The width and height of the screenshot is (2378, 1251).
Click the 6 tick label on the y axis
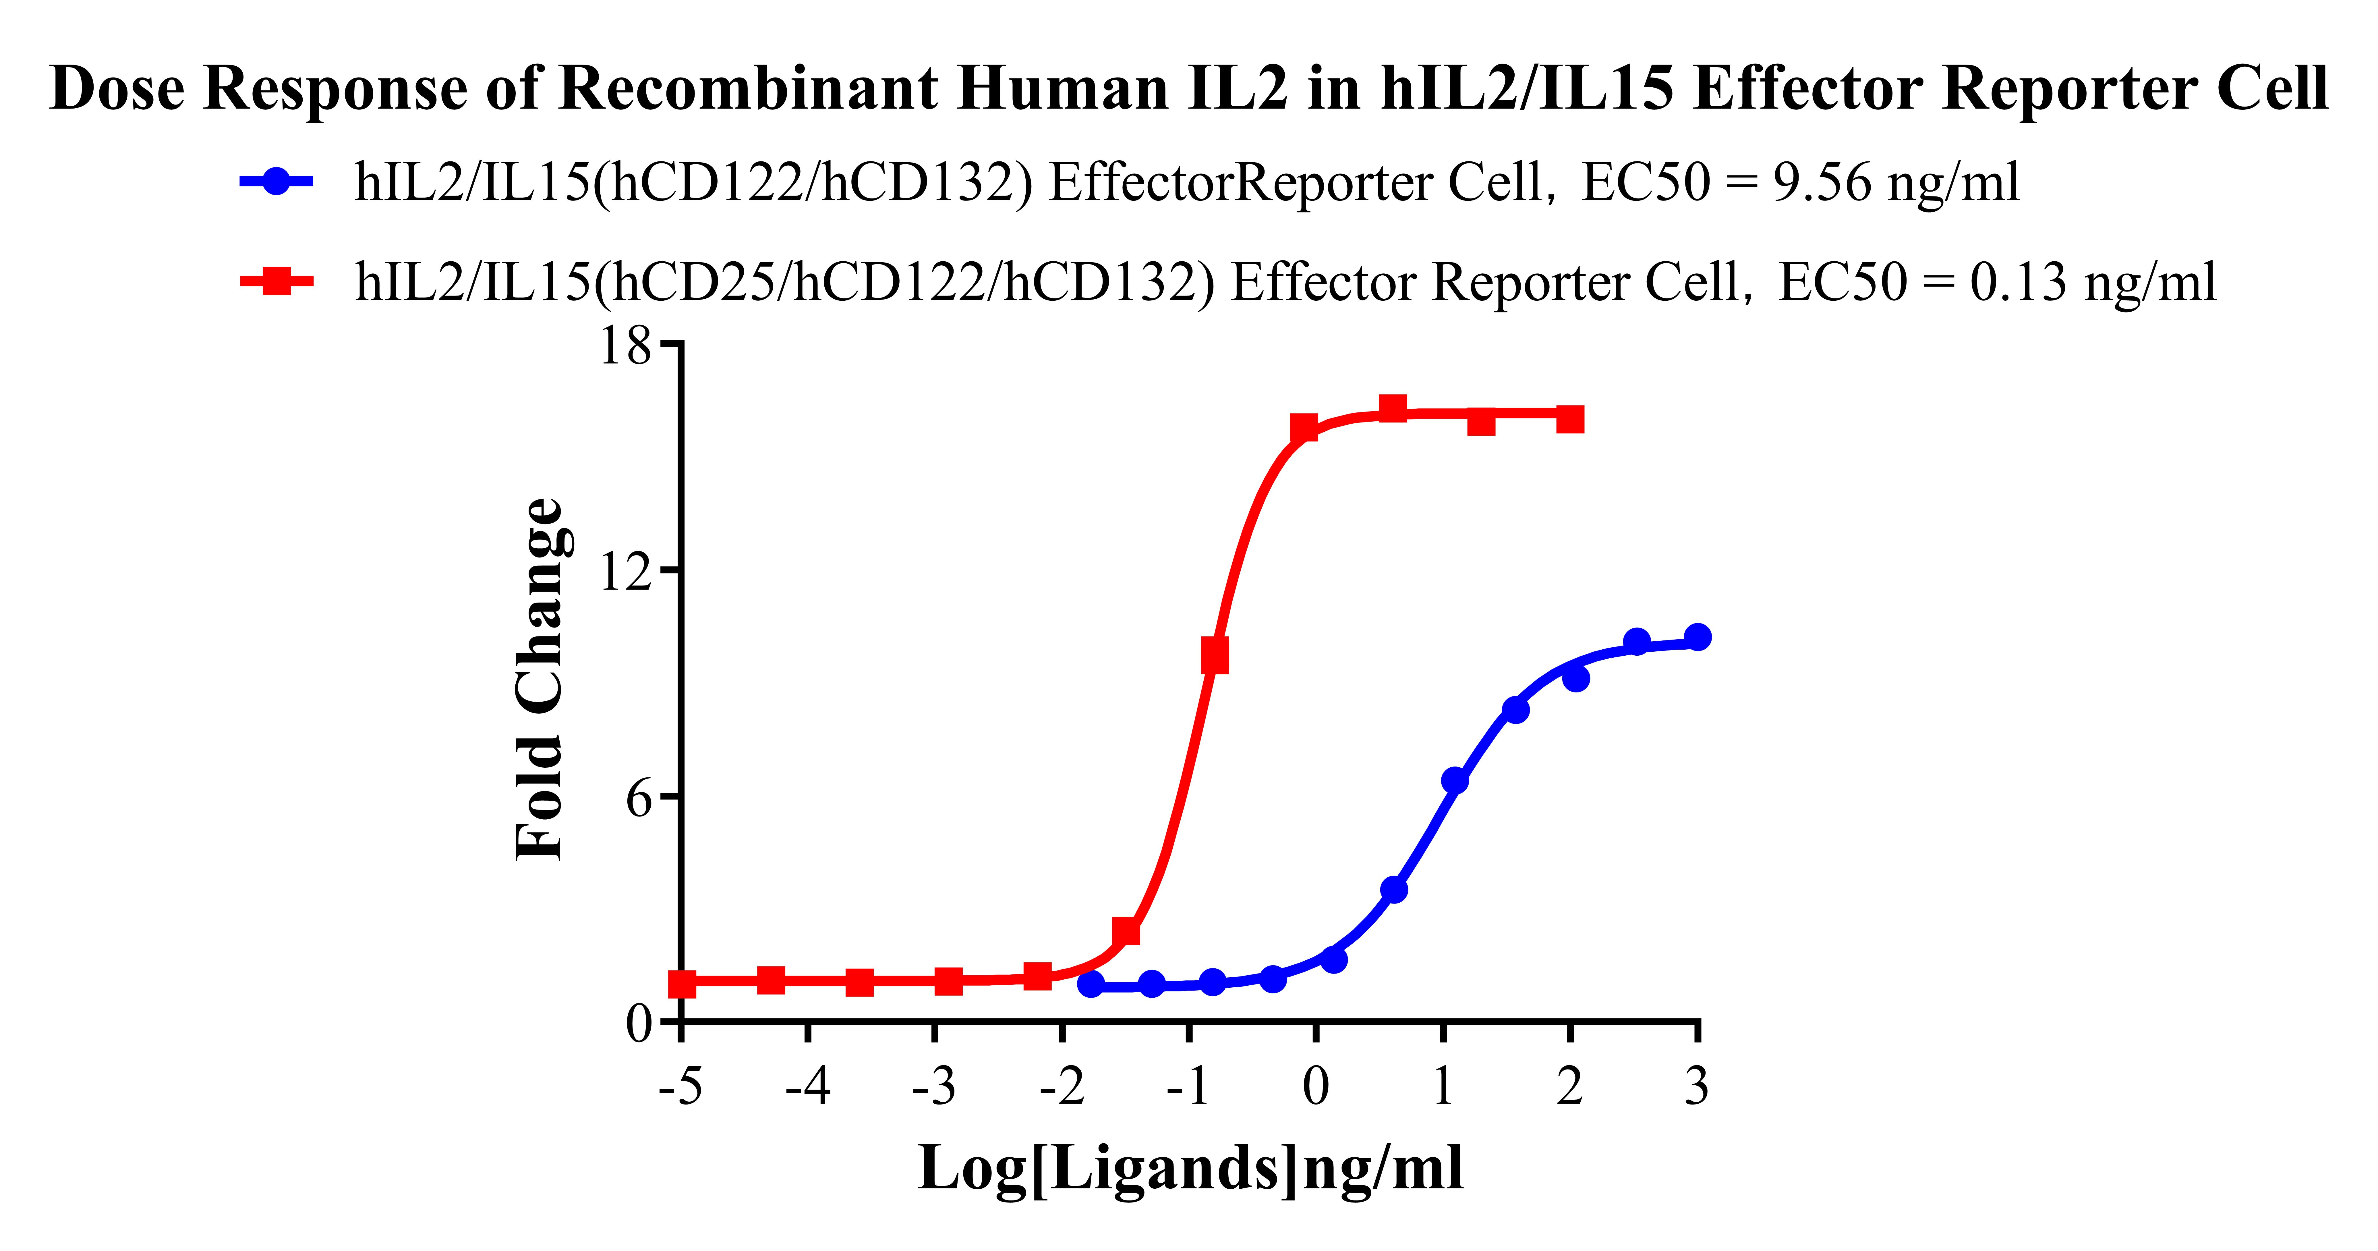639,798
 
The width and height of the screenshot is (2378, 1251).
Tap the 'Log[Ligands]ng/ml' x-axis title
1190,1169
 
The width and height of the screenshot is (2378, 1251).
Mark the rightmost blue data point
1697,637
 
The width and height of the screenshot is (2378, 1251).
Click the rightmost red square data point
1569,420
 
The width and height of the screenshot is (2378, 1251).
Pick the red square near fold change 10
1215,657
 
